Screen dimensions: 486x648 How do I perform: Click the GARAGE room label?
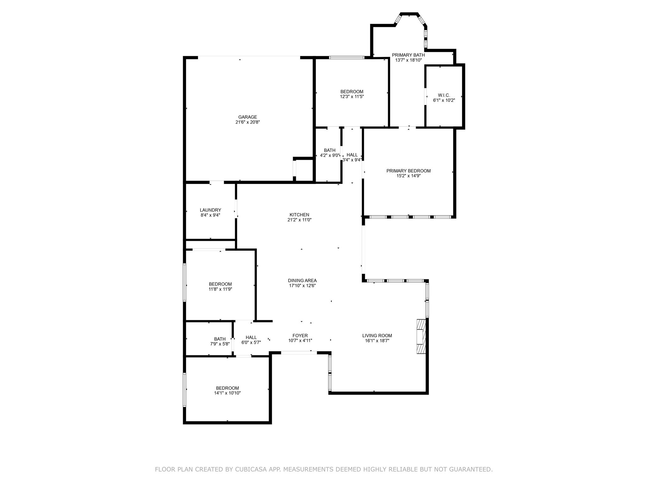(247, 117)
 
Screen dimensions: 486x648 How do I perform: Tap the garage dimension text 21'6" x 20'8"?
(247, 122)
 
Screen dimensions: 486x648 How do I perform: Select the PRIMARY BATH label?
(408, 55)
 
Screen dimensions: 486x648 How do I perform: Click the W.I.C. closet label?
(444, 95)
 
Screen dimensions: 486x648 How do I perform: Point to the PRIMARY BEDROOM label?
(408, 171)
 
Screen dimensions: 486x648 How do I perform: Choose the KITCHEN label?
(299, 215)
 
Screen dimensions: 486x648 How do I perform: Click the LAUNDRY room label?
(210, 210)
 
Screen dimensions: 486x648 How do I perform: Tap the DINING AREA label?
(302, 281)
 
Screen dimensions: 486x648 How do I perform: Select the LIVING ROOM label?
(377, 336)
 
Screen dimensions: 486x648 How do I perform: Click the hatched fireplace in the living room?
(421, 336)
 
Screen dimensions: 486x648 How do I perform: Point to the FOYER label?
(300, 336)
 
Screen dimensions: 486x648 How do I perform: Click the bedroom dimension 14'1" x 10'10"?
(227, 393)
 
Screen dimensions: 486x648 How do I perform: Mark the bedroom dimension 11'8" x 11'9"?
(220, 289)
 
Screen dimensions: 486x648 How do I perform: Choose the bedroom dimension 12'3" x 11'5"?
(352, 97)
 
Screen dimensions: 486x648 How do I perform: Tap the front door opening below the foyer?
(299, 352)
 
